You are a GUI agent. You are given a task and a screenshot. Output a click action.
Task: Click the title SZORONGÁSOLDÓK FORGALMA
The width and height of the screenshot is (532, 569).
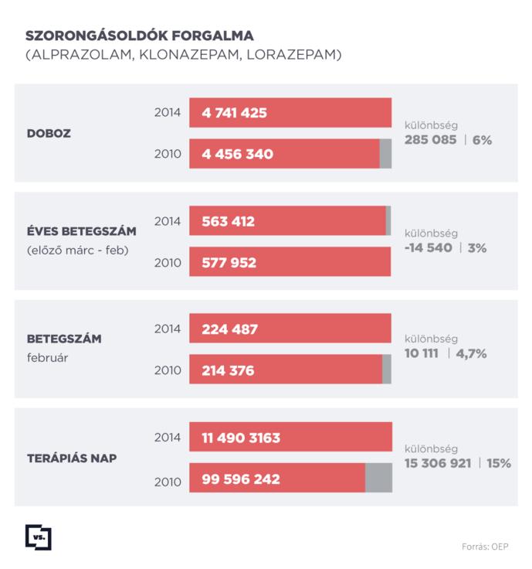click(139, 36)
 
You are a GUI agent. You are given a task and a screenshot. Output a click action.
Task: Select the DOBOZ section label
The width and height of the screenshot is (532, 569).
click(49, 133)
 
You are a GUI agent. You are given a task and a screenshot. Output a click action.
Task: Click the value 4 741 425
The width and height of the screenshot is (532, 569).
click(234, 113)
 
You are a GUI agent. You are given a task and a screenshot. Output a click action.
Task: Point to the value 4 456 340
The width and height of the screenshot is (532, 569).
click(237, 154)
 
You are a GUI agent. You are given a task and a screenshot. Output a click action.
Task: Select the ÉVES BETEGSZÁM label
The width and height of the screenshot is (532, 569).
click(82, 231)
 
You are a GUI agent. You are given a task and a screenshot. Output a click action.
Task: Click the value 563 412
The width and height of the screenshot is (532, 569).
click(228, 221)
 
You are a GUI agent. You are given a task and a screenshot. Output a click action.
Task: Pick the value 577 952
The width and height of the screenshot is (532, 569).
click(229, 262)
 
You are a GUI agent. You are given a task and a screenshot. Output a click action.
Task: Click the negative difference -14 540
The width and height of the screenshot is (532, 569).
click(429, 248)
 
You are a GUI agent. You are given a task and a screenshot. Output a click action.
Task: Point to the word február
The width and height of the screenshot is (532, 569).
click(48, 358)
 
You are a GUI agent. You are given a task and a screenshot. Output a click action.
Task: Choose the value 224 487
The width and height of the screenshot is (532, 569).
click(229, 329)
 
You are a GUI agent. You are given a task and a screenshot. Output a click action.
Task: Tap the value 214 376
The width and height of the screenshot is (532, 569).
click(228, 370)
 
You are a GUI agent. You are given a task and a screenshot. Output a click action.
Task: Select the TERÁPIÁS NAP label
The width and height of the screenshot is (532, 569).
click(72, 457)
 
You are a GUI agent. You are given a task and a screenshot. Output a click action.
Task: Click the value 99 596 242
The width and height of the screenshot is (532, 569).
click(241, 479)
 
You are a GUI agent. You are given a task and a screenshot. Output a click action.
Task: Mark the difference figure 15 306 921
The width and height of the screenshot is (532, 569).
click(438, 462)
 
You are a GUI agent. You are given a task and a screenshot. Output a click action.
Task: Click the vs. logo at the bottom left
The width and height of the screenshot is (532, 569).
click(38, 537)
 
